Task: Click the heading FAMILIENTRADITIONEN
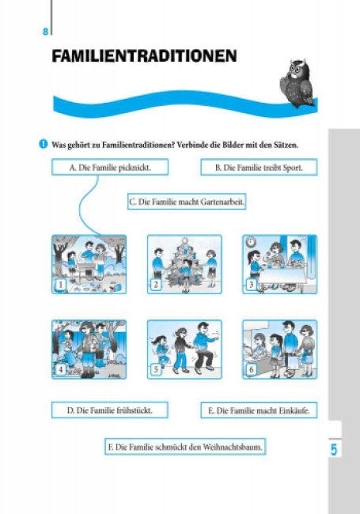pos(144,56)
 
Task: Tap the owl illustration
pos(297,84)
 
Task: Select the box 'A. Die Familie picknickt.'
pos(110,167)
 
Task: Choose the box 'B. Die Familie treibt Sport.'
pos(259,167)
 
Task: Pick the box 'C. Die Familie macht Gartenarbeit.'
pos(187,202)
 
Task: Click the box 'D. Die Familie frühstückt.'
pos(110,410)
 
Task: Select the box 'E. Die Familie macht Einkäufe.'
pos(259,410)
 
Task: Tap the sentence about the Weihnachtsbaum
pos(185,447)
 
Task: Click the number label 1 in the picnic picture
pos(60,284)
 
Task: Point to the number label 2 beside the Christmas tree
pos(156,284)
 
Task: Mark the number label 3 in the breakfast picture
pos(251,284)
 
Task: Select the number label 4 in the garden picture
pos(60,369)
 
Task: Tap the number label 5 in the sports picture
pos(156,369)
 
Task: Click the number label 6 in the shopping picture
pos(251,369)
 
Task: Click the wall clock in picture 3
pos(251,242)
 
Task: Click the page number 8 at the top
pos(46,32)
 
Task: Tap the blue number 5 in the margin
pos(333,449)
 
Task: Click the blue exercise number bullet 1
pos(44,144)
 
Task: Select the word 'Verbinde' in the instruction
pos(191,145)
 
